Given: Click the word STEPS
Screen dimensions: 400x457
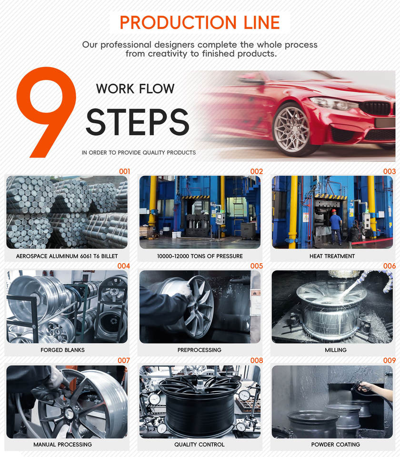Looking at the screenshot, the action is click(x=138, y=122).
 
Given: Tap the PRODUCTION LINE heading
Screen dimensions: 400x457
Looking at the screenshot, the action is click(x=200, y=22).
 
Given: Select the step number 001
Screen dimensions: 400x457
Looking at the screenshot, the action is click(x=124, y=171).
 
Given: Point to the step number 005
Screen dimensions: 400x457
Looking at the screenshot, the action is click(x=257, y=266).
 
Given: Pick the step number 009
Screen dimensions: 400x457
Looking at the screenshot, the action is click(x=390, y=360).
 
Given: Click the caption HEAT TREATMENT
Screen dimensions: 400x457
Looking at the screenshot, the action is click(x=332, y=256).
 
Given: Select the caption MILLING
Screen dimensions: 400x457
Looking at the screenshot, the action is click(x=336, y=350).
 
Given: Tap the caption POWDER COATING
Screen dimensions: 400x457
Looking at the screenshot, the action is click(x=336, y=445).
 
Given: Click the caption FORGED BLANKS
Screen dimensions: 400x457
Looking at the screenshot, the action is click(x=62, y=350).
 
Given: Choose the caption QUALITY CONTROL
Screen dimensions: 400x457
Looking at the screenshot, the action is click(x=200, y=445).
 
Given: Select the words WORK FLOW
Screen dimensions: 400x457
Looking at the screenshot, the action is click(x=135, y=89).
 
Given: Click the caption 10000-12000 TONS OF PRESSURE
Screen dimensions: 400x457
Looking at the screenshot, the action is click(x=200, y=256).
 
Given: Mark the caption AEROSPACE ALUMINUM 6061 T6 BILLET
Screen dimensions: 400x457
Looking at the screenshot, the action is click(x=67, y=256).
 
